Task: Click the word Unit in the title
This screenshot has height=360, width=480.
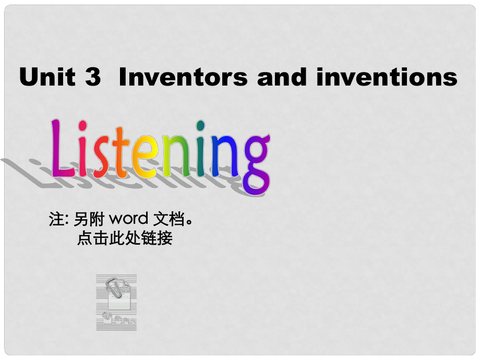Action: point(47,76)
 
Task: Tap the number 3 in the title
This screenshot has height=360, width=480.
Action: point(93,76)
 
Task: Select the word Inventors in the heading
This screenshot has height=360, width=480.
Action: point(183,76)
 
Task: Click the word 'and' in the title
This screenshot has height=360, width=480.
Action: point(282,76)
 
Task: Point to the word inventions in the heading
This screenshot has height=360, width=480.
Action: point(387,76)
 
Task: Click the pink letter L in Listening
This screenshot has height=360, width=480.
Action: point(62,148)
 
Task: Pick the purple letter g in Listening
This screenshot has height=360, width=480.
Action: point(257,164)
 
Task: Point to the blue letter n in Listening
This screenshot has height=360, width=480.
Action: point(225,156)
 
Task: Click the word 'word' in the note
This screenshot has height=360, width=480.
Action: point(128,219)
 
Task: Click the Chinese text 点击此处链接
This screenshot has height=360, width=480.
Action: point(125,238)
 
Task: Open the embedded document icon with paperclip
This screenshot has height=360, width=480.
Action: point(116,303)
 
